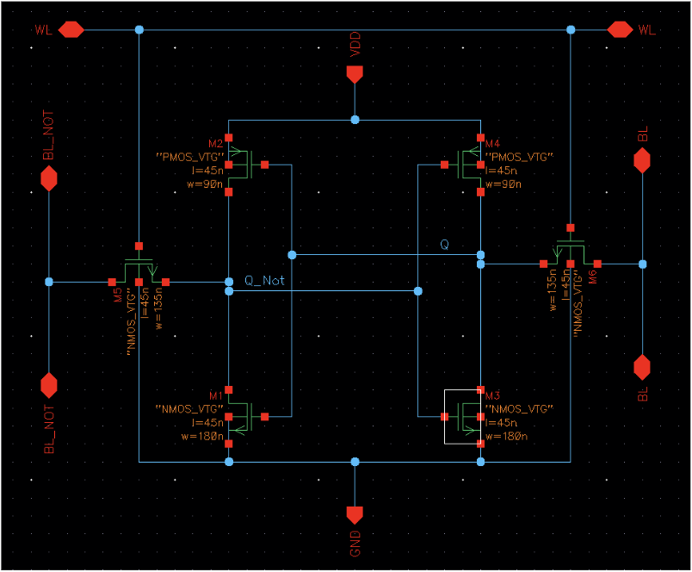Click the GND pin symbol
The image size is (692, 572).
354,514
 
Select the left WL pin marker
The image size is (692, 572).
70,29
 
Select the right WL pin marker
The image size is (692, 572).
620,29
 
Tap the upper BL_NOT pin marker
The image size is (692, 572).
49,178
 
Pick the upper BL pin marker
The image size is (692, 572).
641,160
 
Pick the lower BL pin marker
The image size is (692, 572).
641,367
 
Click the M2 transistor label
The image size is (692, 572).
215,143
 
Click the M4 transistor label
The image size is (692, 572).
493,143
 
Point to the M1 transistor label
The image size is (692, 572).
215,395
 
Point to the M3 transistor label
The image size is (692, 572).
493,395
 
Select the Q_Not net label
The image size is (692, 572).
264,280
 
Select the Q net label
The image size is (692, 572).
444,245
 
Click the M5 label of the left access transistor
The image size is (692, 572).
118,294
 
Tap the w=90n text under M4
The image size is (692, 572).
503,184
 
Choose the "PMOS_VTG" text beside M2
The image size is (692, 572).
189,157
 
